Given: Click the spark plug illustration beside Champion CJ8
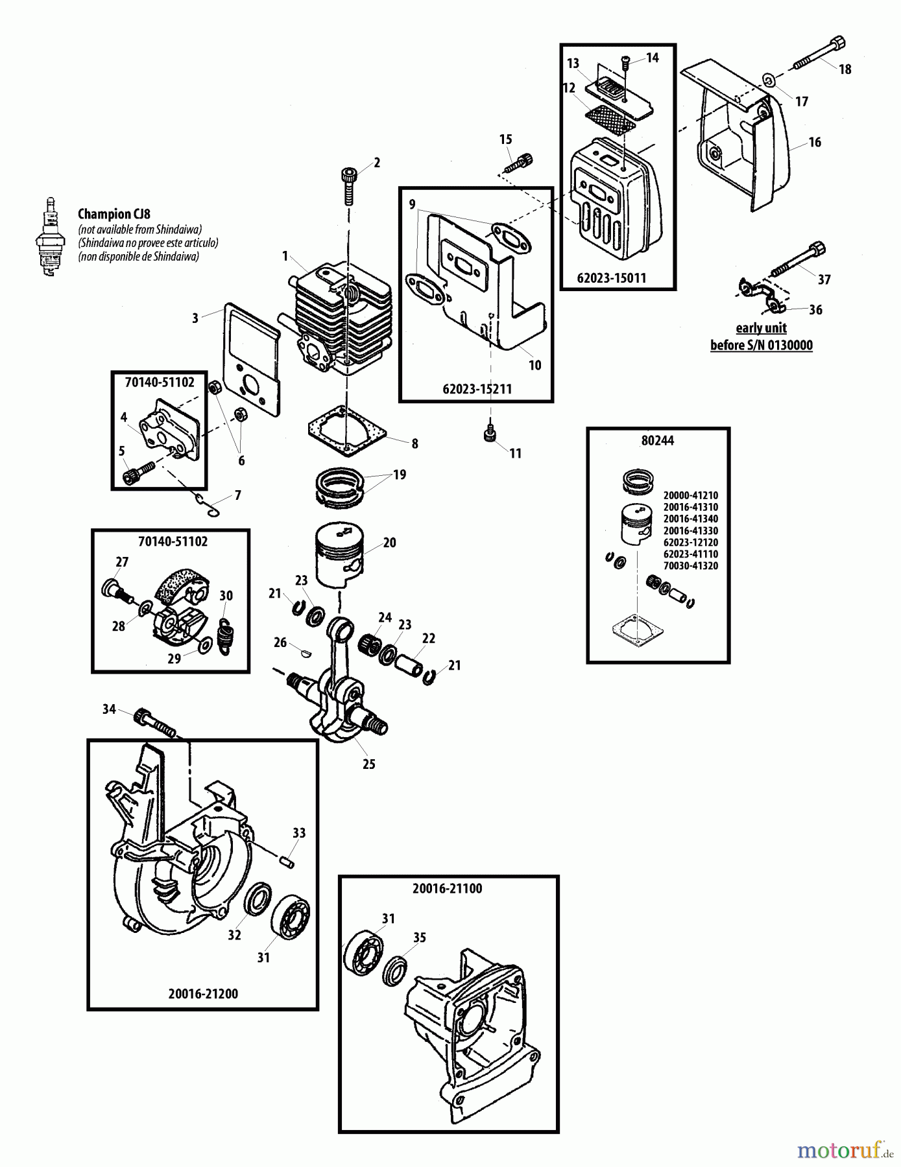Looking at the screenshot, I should pyautogui.click(x=49, y=237).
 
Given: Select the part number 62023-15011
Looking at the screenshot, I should pyautogui.click(x=611, y=278).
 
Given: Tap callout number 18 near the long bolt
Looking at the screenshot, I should pyautogui.click(x=845, y=69).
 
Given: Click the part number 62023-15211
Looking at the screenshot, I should pyautogui.click(x=477, y=389).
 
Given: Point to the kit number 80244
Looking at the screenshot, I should pyautogui.click(x=657, y=441).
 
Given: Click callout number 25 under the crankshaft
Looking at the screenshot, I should pyautogui.click(x=368, y=764).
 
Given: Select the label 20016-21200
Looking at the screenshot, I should pyautogui.click(x=203, y=994).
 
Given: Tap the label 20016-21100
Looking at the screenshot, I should pyautogui.click(x=447, y=889).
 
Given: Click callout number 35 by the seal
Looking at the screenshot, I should pyautogui.click(x=420, y=937).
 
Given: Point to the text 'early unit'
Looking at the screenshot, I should pyautogui.click(x=761, y=328).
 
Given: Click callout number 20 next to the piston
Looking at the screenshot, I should pyautogui.click(x=389, y=543).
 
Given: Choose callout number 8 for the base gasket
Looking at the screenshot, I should pyautogui.click(x=414, y=444).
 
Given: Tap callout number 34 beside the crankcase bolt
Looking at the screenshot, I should pyautogui.click(x=109, y=709).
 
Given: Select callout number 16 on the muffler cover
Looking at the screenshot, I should pyautogui.click(x=815, y=142).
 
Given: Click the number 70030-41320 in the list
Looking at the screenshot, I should pyautogui.click(x=690, y=566).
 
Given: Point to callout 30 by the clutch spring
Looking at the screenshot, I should pyautogui.click(x=226, y=596).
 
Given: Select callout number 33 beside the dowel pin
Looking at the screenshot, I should pyautogui.click(x=298, y=833).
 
